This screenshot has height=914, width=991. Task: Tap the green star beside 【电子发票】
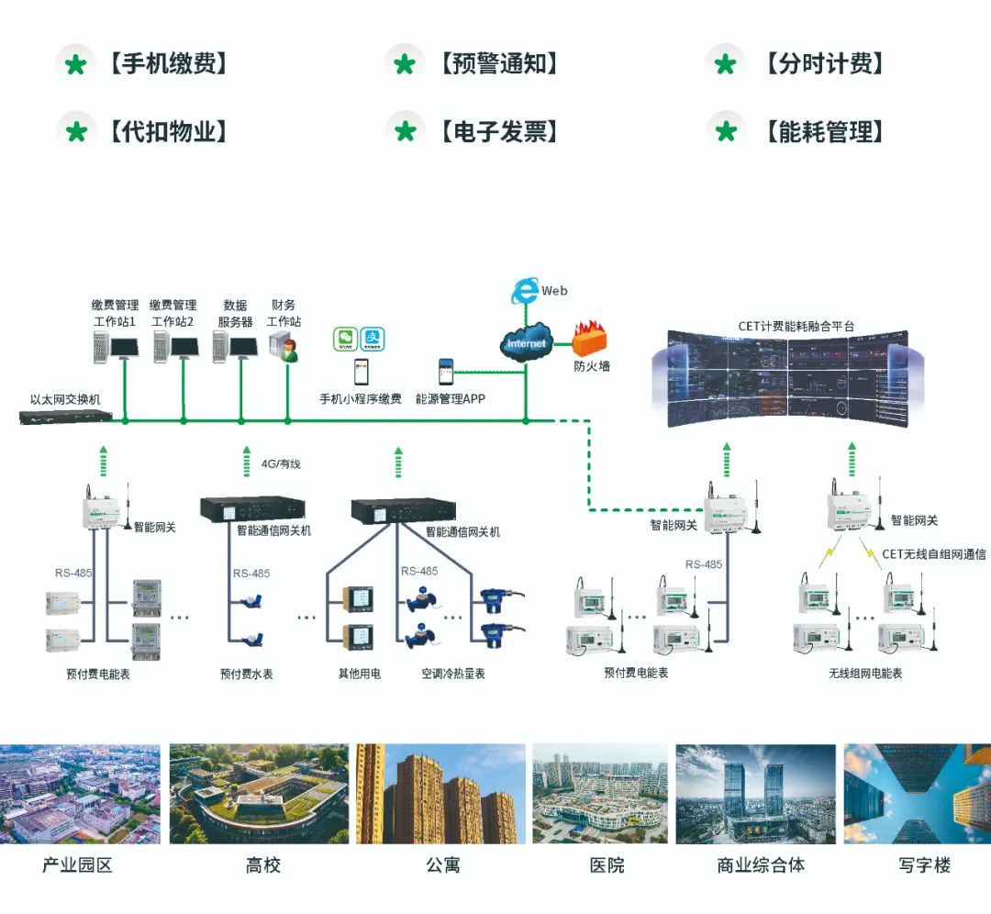coord(405,132)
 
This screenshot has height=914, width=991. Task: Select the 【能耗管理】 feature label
coord(823,132)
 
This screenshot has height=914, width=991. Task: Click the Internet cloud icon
coord(526,343)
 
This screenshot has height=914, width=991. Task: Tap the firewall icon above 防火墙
coord(591,340)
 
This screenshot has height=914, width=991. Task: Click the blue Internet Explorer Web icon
coord(525,292)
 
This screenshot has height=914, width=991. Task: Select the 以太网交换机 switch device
coord(66,417)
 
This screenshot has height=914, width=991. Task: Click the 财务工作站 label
coord(284,313)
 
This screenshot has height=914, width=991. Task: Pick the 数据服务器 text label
coord(235,313)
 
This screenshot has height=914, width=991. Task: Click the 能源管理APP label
coord(451,399)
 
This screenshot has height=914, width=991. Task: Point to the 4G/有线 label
coord(281,464)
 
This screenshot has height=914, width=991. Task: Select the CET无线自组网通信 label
coord(934,554)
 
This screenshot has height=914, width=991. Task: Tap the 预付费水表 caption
coord(246,674)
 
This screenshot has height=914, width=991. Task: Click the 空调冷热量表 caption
coord(453,674)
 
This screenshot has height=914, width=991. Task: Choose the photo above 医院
coord(601,794)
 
